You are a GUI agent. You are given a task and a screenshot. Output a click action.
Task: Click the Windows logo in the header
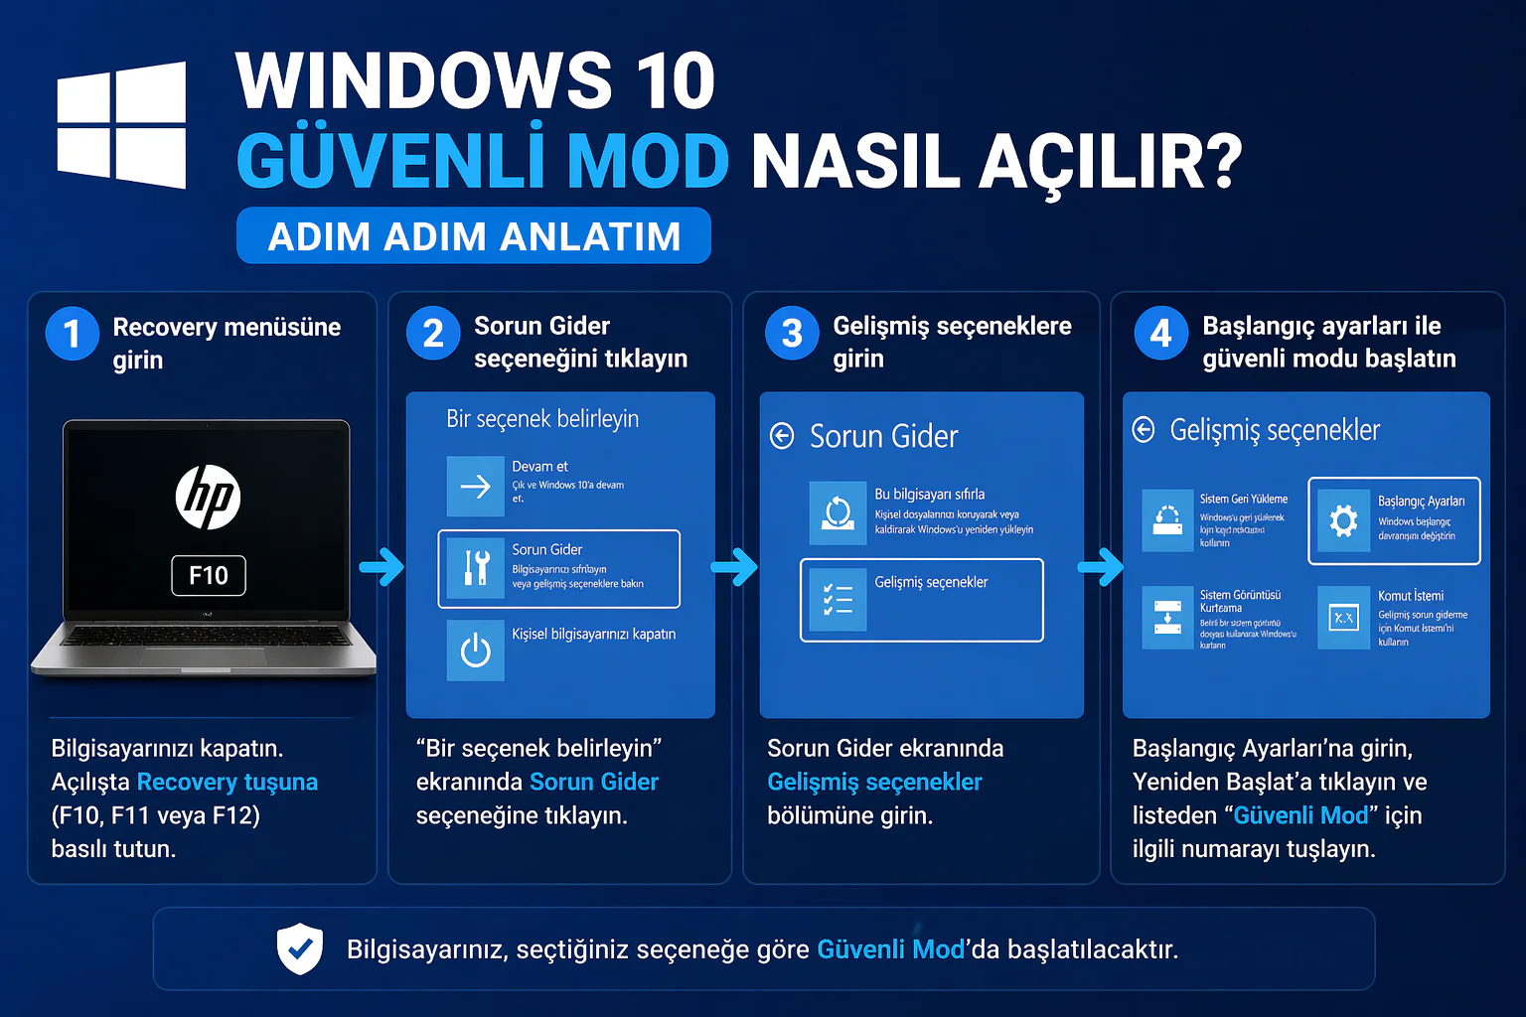(121, 125)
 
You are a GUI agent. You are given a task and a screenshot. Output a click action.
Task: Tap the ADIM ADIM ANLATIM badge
(474, 236)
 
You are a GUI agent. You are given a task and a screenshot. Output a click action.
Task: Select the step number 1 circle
(73, 334)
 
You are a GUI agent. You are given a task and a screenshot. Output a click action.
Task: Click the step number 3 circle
(792, 334)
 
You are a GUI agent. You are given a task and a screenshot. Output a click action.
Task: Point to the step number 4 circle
(1160, 334)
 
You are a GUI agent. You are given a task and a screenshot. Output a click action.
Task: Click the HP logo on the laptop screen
(208, 497)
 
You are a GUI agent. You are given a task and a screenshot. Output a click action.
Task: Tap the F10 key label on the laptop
(209, 575)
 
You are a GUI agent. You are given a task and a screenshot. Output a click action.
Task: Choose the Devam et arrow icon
(476, 486)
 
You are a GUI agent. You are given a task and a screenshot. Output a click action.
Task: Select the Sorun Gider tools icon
(476, 568)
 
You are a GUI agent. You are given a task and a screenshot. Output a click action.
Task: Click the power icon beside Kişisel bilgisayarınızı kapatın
(476, 651)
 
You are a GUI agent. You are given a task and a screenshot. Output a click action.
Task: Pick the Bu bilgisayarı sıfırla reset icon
(838, 512)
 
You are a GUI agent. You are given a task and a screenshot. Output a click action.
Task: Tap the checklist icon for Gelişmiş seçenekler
(838, 599)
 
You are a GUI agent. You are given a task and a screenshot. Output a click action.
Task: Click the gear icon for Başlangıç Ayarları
(1343, 519)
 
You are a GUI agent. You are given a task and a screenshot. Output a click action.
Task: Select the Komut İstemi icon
(1343, 618)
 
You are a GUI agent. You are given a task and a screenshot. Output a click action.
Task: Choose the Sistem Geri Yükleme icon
(1167, 519)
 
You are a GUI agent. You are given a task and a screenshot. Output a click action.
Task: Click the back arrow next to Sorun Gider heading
(783, 436)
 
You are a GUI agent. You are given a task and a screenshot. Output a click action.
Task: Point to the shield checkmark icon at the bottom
(299, 948)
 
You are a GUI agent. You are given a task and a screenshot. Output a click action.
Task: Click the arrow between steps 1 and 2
(381, 567)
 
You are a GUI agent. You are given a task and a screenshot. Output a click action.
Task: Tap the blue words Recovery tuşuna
(227, 782)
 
